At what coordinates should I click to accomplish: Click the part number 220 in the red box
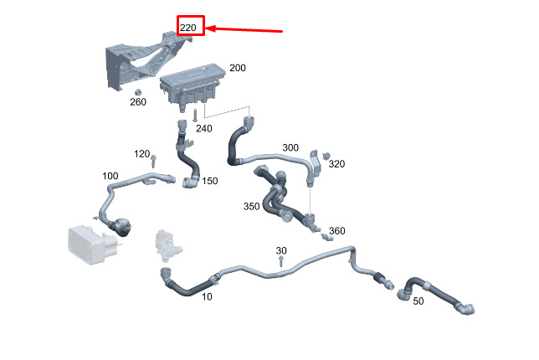(x=188, y=28)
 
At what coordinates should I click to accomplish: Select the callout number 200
(x=238, y=67)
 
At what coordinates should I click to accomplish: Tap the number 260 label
(x=138, y=102)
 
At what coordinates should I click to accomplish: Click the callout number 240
(x=204, y=128)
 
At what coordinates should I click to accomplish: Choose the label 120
(x=142, y=154)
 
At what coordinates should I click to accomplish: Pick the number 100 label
(x=110, y=176)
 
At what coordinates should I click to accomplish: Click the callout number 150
(x=209, y=181)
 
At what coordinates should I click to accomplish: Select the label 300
(x=290, y=147)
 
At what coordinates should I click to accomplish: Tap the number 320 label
(x=336, y=164)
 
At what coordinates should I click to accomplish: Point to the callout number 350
(x=251, y=206)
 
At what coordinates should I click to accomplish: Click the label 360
(x=336, y=230)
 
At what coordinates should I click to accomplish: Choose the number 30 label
(x=281, y=250)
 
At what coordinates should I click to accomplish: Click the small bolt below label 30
(x=281, y=262)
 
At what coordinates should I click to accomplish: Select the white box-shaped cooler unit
(x=87, y=244)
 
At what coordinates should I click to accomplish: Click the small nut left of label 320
(x=326, y=157)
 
